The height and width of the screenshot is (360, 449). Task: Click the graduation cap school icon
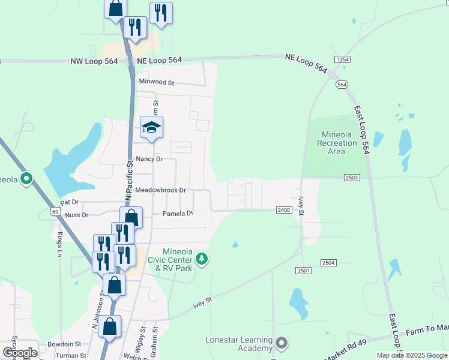pyautogui.click(x=152, y=128)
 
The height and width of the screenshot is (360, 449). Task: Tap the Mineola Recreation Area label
pyautogui.click(x=337, y=143)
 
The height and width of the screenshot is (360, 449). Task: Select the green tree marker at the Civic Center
pyautogui.click(x=202, y=259)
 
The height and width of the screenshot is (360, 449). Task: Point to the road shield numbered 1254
pyautogui.click(x=343, y=59)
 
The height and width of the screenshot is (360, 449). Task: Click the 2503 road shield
pyautogui.click(x=352, y=177)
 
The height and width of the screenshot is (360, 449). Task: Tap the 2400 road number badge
pyautogui.click(x=285, y=210)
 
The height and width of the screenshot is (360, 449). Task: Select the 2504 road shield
pyautogui.click(x=328, y=263)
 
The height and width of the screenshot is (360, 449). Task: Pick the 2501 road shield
pyautogui.click(x=304, y=271)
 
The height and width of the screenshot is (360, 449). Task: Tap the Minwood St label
pyautogui.click(x=156, y=82)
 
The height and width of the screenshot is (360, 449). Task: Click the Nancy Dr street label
pyautogui.click(x=149, y=159)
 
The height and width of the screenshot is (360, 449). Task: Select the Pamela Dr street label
pyautogui.click(x=178, y=214)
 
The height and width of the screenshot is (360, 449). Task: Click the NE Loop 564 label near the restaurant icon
pyautogui.click(x=159, y=60)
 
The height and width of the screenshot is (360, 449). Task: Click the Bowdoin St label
pyautogui.click(x=65, y=344)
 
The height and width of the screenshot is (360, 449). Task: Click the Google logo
pyautogui.click(x=20, y=353)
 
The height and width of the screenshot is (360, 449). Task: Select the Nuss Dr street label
pyautogui.click(x=77, y=215)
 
